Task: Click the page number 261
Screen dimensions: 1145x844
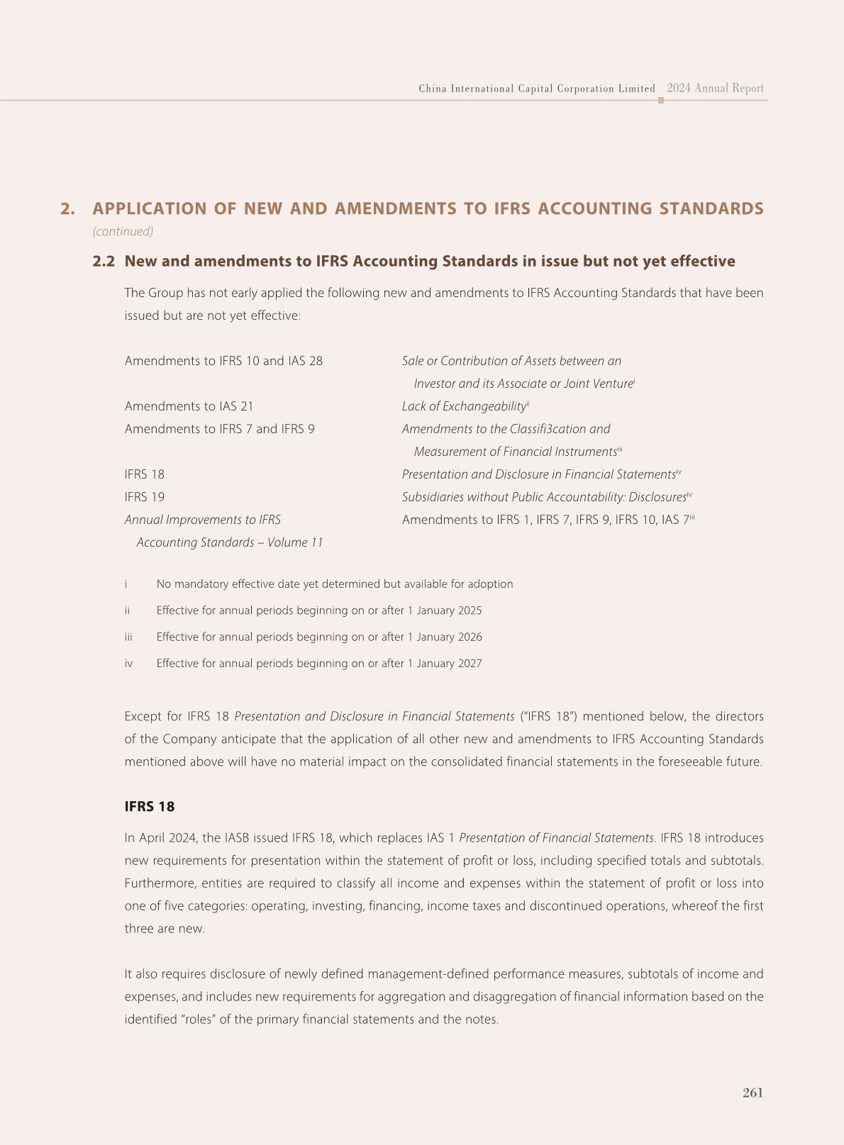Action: (753, 1093)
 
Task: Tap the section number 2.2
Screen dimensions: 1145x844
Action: (104, 262)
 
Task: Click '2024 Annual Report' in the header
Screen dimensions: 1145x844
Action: (715, 89)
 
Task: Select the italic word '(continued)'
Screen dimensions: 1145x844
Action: (123, 231)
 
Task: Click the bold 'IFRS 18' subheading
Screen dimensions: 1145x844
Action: (149, 807)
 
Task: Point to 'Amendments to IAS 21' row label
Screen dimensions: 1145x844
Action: (189, 406)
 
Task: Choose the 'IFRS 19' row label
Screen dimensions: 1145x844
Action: (144, 497)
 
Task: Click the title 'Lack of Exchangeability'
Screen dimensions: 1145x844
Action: (464, 406)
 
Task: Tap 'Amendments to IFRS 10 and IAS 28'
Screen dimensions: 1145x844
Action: (223, 361)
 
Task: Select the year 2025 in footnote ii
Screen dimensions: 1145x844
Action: (468, 610)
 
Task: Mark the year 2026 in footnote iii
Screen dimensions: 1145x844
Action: (468, 637)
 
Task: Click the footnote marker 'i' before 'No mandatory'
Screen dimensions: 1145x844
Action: (126, 584)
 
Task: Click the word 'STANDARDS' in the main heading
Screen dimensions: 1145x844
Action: (711, 209)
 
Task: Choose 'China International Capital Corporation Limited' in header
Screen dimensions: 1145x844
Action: (537, 89)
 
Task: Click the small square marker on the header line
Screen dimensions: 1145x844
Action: (661, 101)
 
